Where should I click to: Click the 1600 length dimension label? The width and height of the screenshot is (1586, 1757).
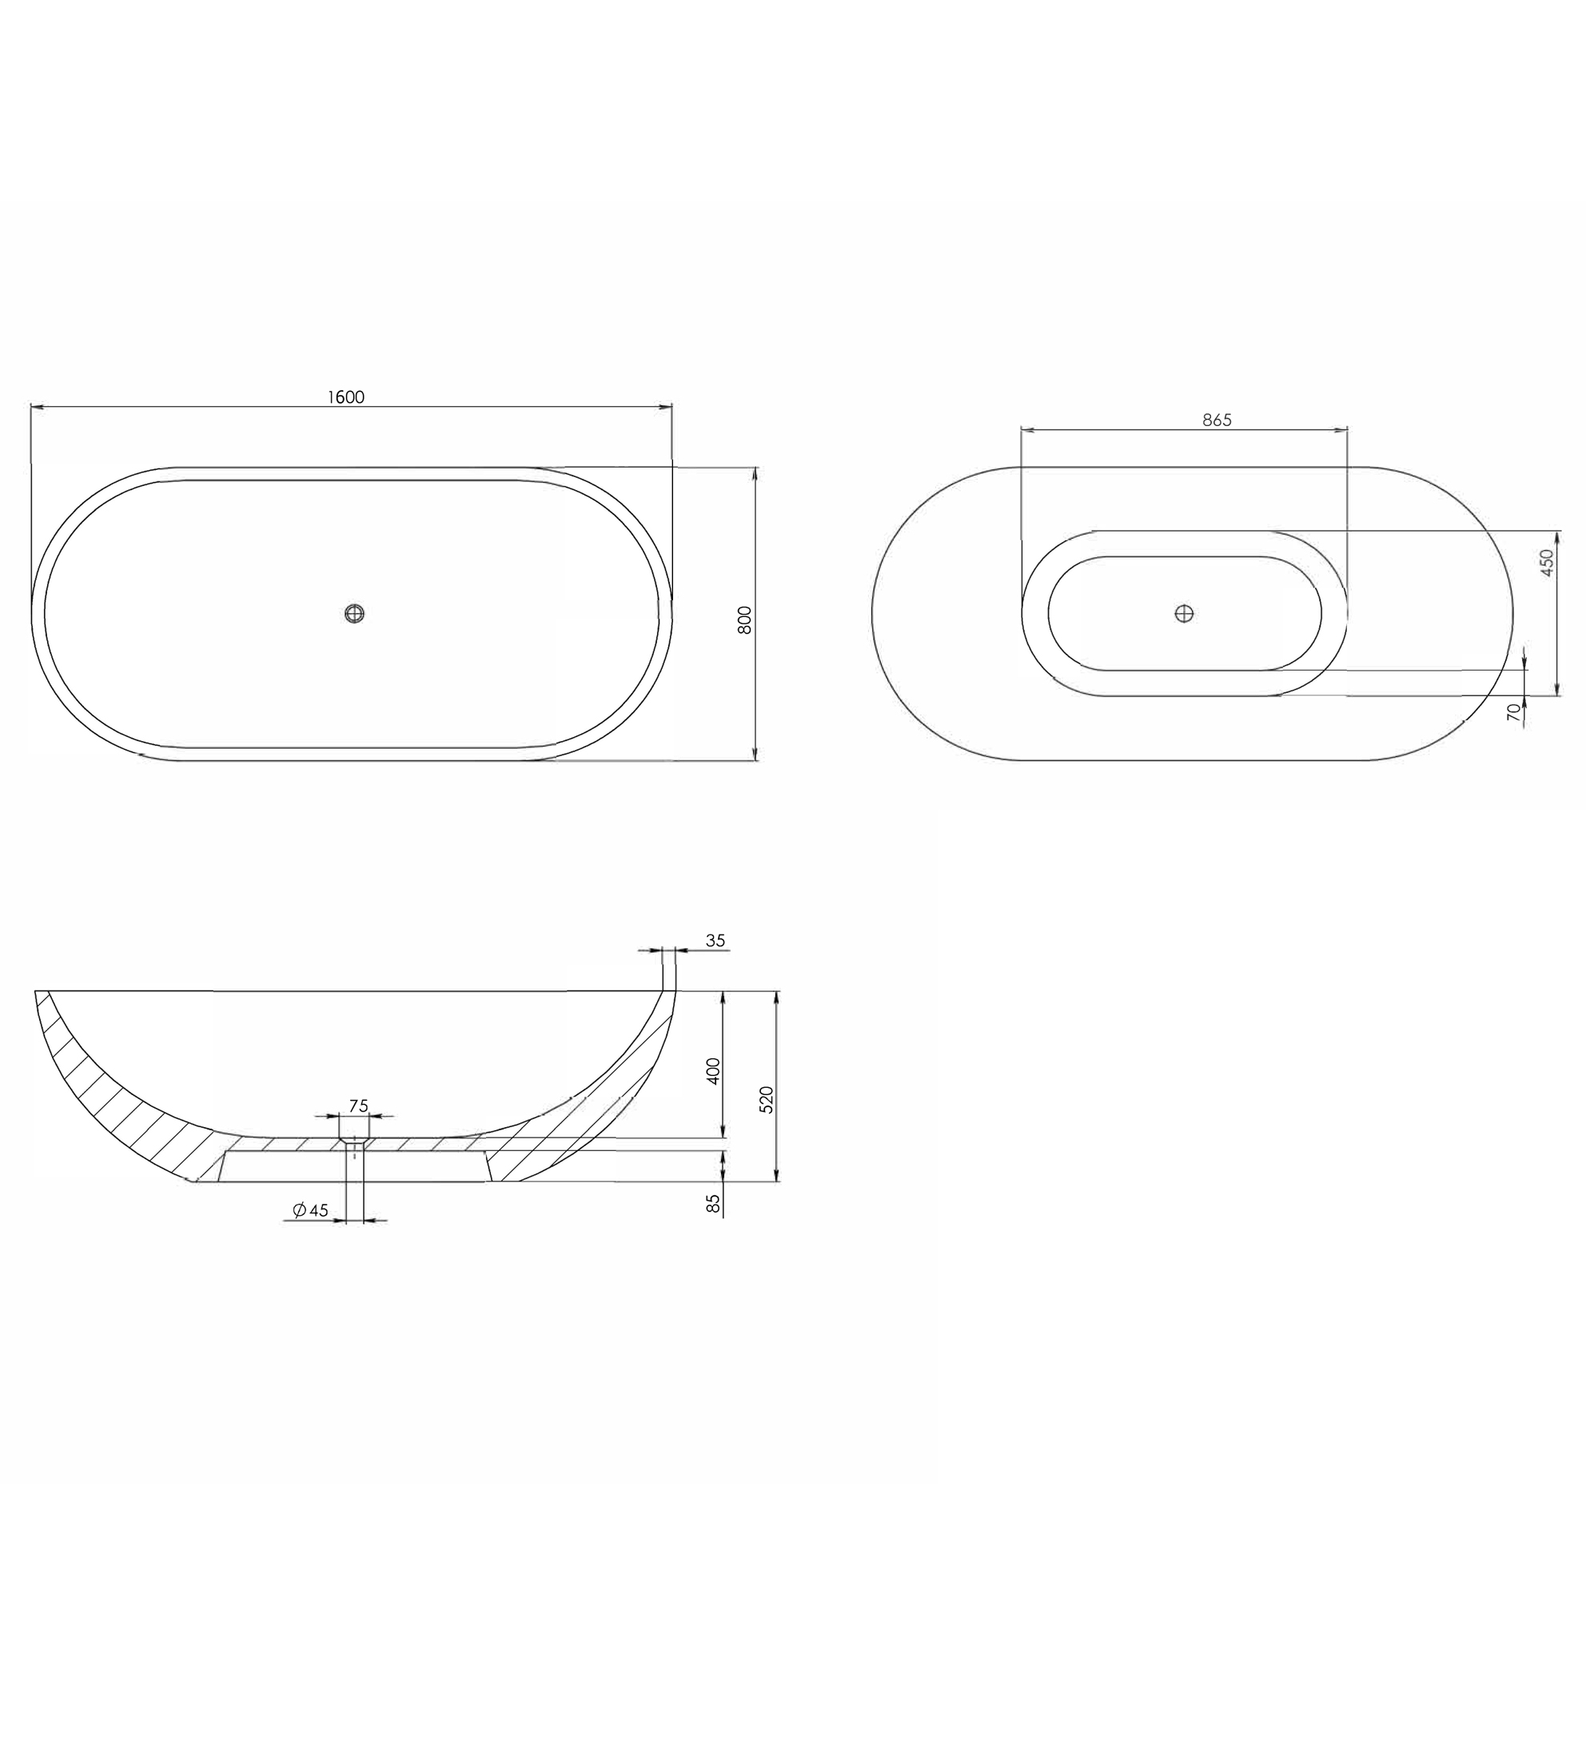tap(346, 397)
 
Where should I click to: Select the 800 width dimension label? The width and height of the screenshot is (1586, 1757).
tap(744, 620)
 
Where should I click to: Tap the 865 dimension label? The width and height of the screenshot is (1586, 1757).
tap(1217, 420)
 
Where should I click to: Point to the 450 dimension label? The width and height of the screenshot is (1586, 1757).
tap(1547, 562)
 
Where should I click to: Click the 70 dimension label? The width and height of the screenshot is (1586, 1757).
tap(1514, 713)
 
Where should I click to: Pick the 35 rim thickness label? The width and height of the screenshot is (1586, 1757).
tap(715, 940)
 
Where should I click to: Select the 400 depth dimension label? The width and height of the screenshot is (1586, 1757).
tap(714, 1070)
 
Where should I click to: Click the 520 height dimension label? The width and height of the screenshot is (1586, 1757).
tap(766, 1099)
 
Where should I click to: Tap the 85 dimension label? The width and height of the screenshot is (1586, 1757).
tap(714, 1204)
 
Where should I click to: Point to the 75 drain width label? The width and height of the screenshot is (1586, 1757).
tap(358, 1106)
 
